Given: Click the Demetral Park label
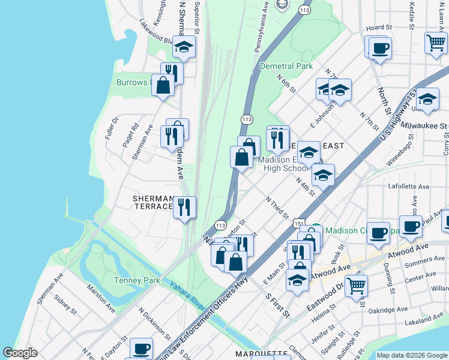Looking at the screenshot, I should pos(286,66).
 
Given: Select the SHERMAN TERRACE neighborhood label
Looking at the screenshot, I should pos(153,202).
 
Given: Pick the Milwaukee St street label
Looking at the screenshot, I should pos(424,126).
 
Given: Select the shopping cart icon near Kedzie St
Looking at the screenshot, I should pos(435,43).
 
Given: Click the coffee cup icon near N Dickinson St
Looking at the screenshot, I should pos(141,348).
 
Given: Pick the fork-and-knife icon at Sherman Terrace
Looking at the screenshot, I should pos(184,207).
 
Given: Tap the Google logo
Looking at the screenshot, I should pos(20,353).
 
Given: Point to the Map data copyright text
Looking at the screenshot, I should pos(411,355).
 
